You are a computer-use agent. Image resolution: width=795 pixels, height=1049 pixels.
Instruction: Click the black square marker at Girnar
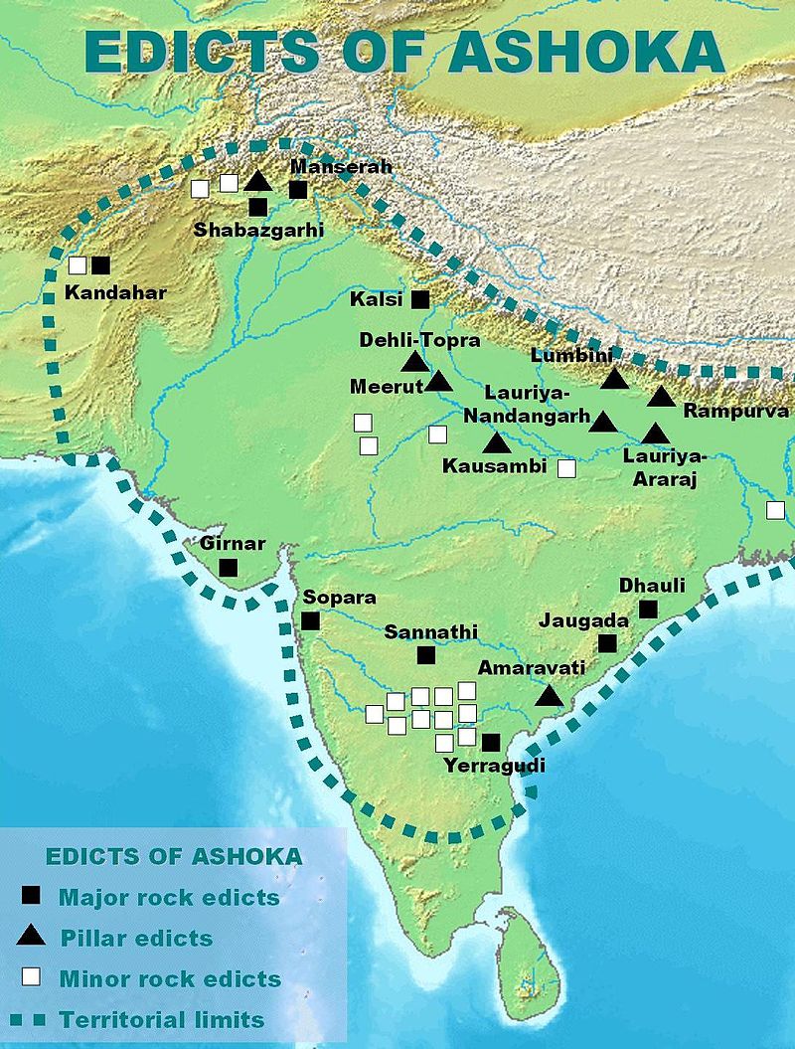[228, 568]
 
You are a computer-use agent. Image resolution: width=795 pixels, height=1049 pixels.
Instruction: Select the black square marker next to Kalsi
[419, 299]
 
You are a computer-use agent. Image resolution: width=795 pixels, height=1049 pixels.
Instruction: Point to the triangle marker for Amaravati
[550, 696]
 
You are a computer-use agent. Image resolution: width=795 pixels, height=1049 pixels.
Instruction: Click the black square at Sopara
[310, 620]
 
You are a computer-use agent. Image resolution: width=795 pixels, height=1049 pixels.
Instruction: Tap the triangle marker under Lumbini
[614, 379]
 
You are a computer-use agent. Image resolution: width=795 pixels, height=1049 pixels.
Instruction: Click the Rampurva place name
[734, 411]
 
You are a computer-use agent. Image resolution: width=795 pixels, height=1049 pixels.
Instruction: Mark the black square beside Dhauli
[649, 609]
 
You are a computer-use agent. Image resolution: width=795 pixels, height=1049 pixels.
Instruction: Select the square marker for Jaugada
[607, 643]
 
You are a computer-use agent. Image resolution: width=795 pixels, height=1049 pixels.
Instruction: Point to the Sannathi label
[431, 631]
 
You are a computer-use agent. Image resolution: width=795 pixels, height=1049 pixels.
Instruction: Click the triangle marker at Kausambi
[495, 443]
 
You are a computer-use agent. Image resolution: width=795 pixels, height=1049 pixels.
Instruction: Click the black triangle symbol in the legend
[32, 935]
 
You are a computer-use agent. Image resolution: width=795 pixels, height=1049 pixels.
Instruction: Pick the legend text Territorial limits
[161, 1019]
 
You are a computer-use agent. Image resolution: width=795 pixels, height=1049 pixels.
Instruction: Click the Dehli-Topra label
[419, 340]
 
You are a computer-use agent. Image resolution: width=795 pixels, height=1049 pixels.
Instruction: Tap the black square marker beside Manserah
[298, 190]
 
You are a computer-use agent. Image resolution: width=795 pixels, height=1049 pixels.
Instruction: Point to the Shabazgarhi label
[258, 230]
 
